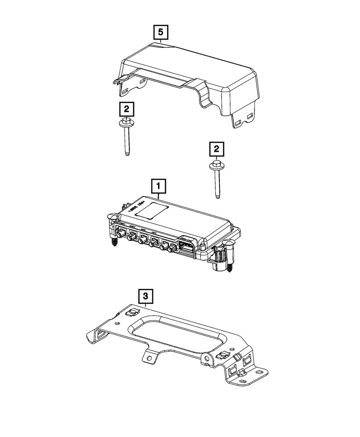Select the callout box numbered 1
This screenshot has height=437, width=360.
pos(158,187)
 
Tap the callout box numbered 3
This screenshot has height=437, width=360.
pos(146,296)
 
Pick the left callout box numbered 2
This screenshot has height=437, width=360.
pos(125,109)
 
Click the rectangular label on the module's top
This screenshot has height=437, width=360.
pos(151,209)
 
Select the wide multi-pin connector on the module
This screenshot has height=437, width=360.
pos(187,246)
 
